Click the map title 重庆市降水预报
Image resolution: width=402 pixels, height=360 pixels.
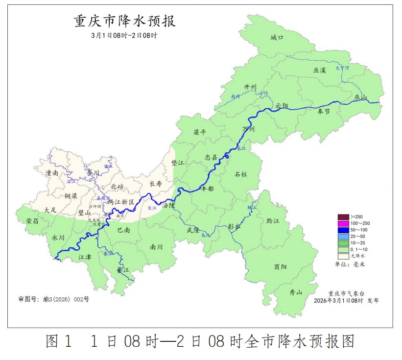pos(124,22)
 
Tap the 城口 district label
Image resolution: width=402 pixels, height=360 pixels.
pos(277,38)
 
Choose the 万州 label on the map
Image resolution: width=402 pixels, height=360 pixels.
pos(249,129)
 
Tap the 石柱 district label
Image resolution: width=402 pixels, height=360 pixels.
pos(241,174)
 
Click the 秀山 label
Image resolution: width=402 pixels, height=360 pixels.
pos(296,292)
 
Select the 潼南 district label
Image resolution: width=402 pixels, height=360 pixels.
pos(52,173)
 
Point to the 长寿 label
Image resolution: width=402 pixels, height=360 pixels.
pos(155,184)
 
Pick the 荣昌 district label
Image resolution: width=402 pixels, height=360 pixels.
pos(33,221)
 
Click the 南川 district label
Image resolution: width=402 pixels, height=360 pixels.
pos(156,247)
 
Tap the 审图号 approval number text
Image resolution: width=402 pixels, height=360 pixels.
pos(53,299)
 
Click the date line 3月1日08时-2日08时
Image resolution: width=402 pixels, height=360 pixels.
pos(124,36)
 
